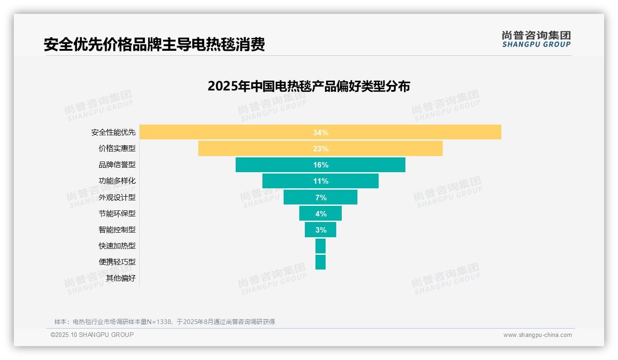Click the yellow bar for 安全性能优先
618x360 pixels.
[231, 132]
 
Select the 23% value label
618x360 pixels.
[321, 149]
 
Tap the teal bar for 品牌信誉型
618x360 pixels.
[277, 165]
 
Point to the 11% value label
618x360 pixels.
[321, 181]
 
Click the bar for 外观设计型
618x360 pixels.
[300, 197]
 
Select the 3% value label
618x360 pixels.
[321, 230]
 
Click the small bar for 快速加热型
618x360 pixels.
[321, 246]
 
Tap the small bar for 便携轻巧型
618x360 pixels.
[321, 262]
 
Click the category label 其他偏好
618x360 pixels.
[121, 278]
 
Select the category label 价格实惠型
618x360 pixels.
[117, 149]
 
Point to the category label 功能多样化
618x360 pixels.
[117, 181]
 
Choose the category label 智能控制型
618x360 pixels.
[117, 229]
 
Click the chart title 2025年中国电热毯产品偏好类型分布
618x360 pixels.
[309, 86]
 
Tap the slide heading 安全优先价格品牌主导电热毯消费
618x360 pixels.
[154, 44]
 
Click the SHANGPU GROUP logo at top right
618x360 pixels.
[536, 39]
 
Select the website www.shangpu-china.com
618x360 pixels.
[537, 335]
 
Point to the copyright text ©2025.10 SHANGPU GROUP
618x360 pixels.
[92, 335]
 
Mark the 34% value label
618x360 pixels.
[321, 132]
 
